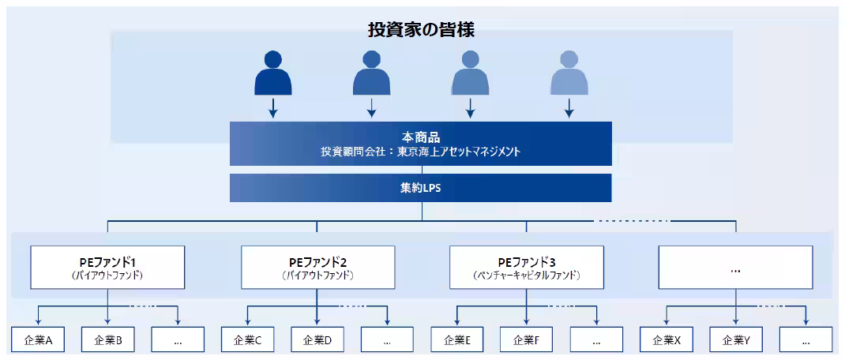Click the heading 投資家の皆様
(421, 30)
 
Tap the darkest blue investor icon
(273, 73)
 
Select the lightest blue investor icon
(569, 73)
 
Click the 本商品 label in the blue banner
(421, 137)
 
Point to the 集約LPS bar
(421, 188)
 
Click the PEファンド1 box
(107, 268)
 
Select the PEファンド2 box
(317, 268)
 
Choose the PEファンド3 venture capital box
(527, 268)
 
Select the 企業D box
(317, 341)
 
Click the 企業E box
(457, 341)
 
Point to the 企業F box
(527, 341)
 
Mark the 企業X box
(667, 341)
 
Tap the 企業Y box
(736, 341)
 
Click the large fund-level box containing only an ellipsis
(735, 268)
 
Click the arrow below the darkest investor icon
(273, 108)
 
